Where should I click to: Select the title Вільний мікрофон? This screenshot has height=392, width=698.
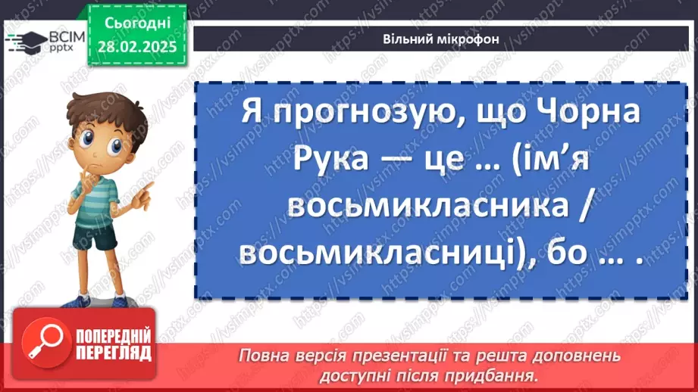[440, 40]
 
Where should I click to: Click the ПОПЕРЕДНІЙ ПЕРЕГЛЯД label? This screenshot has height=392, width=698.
[113, 344]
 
